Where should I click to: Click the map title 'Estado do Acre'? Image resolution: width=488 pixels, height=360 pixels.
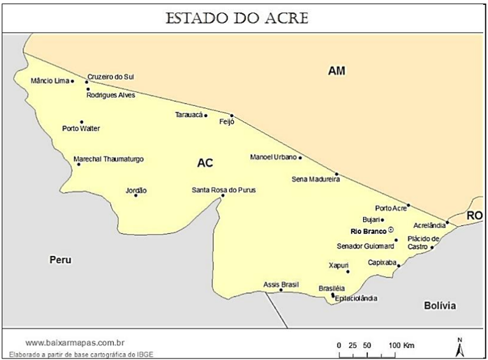236,17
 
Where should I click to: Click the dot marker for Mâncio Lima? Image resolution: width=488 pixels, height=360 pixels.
73,81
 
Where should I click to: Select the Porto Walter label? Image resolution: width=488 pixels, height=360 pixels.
81,128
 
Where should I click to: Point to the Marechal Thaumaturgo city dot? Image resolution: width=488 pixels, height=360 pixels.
78,164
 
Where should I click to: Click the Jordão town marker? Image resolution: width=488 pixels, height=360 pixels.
135,195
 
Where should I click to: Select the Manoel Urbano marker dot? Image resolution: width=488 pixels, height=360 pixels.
300,158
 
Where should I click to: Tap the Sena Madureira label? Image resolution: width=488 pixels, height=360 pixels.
316,179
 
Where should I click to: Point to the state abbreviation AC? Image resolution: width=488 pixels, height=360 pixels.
205,163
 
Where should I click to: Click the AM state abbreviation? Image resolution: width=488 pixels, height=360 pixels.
337,70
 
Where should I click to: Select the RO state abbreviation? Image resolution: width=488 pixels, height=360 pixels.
474,216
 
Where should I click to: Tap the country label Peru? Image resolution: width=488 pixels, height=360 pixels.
60,260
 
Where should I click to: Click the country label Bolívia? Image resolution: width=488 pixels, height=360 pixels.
440,306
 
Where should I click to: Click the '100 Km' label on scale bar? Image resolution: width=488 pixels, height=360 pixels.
401,345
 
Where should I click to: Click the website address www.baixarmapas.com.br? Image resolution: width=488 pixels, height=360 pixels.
75,342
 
